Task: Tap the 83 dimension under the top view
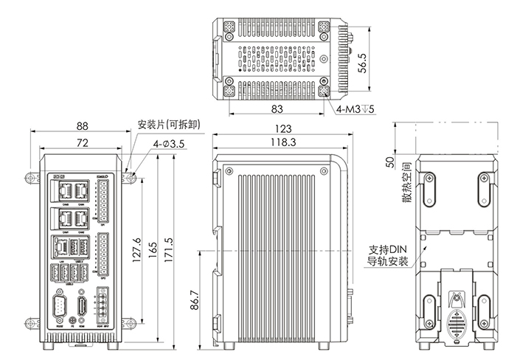[278, 109]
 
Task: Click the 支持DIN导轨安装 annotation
[387, 255]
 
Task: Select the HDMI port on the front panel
[83, 308]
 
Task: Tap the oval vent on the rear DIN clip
[457, 325]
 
